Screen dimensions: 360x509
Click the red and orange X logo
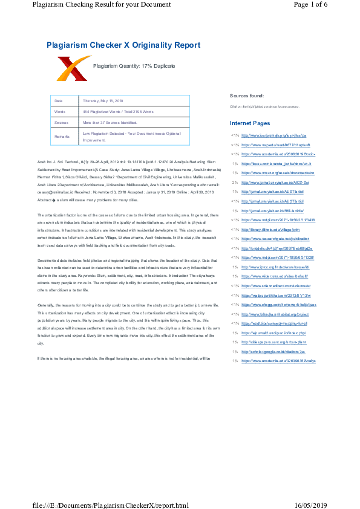(x=73, y=68)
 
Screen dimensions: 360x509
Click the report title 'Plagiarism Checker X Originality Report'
(x=123, y=45)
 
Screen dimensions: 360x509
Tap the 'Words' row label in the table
(x=59, y=112)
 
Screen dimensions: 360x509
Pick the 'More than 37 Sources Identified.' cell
(x=114, y=123)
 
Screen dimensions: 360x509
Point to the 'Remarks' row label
(x=61, y=137)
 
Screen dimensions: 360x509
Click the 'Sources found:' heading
(x=246, y=96)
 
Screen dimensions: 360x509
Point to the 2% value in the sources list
(x=234, y=182)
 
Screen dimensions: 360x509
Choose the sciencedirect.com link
(x=276, y=287)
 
